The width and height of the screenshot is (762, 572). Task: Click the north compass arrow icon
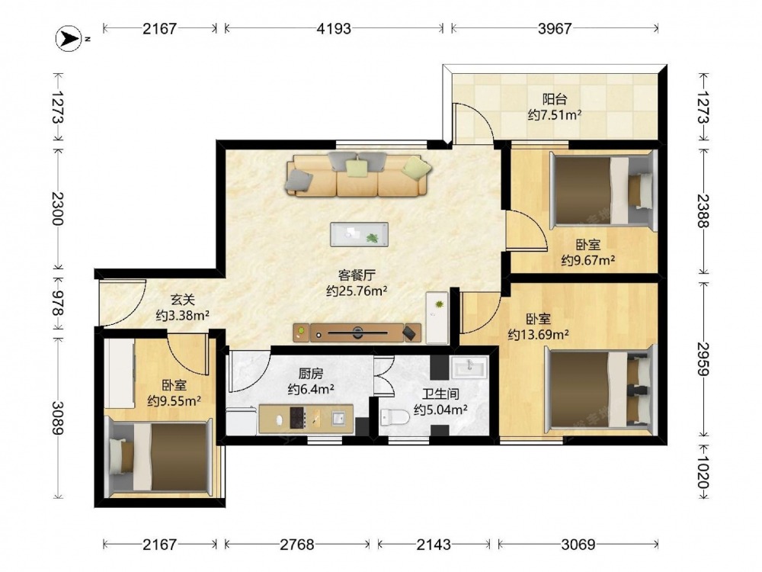(x=68, y=39)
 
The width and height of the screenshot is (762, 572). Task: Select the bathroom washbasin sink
(x=469, y=367)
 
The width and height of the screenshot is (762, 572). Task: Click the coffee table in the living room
(x=359, y=234)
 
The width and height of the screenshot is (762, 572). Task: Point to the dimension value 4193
(x=334, y=29)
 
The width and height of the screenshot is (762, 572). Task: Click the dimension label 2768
(x=297, y=545)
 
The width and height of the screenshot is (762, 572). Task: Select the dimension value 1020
(x=703, y=471)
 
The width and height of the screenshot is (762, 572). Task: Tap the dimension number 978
(x=59, y=303)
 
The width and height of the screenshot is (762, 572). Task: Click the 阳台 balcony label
(x=555, y=100)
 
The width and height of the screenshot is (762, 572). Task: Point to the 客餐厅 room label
(x=357, y=275)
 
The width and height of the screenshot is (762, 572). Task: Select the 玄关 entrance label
(x=183, y=300)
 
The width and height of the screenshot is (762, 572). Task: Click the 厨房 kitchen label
(x=311, y=374)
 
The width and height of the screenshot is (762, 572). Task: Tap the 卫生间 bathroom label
(x=440, y=394)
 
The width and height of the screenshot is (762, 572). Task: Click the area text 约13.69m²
(x=539, y=335)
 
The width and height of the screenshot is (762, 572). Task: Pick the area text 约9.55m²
(x=174, y=401)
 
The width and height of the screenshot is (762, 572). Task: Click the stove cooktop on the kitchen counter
(x=297, y=418)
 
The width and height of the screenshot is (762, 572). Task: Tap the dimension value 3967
(x=555, y=29)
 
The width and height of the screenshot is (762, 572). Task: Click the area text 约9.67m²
(x=588, y=261)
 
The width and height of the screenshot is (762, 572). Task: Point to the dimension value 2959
(x=703, y=359)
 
